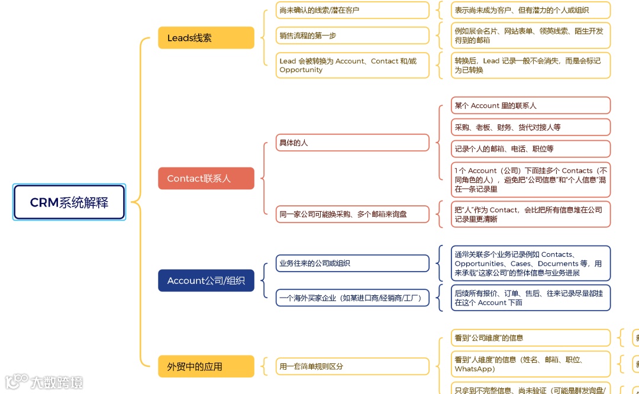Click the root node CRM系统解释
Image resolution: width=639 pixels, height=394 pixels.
pos(69,202)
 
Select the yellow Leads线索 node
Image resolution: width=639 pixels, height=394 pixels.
pos(206,38)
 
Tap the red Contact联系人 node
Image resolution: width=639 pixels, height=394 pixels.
pos(206,178)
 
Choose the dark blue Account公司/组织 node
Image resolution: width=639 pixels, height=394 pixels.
pos(206,280)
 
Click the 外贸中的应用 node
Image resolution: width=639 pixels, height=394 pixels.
pos(206,366)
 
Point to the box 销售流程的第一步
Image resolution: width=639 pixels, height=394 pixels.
pos(352,35)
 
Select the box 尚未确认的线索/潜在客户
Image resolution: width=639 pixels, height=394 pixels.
pos(352,10)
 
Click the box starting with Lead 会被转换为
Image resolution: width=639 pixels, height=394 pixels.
pos(352,65)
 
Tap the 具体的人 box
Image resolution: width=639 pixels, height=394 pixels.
pos(352,143)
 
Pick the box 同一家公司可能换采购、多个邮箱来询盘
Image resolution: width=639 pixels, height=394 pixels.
pos(352,214)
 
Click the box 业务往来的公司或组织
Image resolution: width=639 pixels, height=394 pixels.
pos(352,263)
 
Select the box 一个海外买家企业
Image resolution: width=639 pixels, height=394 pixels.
pos(352,298)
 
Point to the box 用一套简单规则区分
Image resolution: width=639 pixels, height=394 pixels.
pos(352,366)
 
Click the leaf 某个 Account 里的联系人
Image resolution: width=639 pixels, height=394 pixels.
pos(530,105)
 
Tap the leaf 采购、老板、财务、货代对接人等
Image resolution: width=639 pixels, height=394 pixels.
pos(530,127)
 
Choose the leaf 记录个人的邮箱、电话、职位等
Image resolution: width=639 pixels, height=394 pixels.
pos(530,148)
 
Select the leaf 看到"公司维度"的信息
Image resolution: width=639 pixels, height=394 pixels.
pos(530,338)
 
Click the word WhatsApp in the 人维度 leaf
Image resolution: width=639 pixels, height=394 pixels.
pos(475,369)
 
